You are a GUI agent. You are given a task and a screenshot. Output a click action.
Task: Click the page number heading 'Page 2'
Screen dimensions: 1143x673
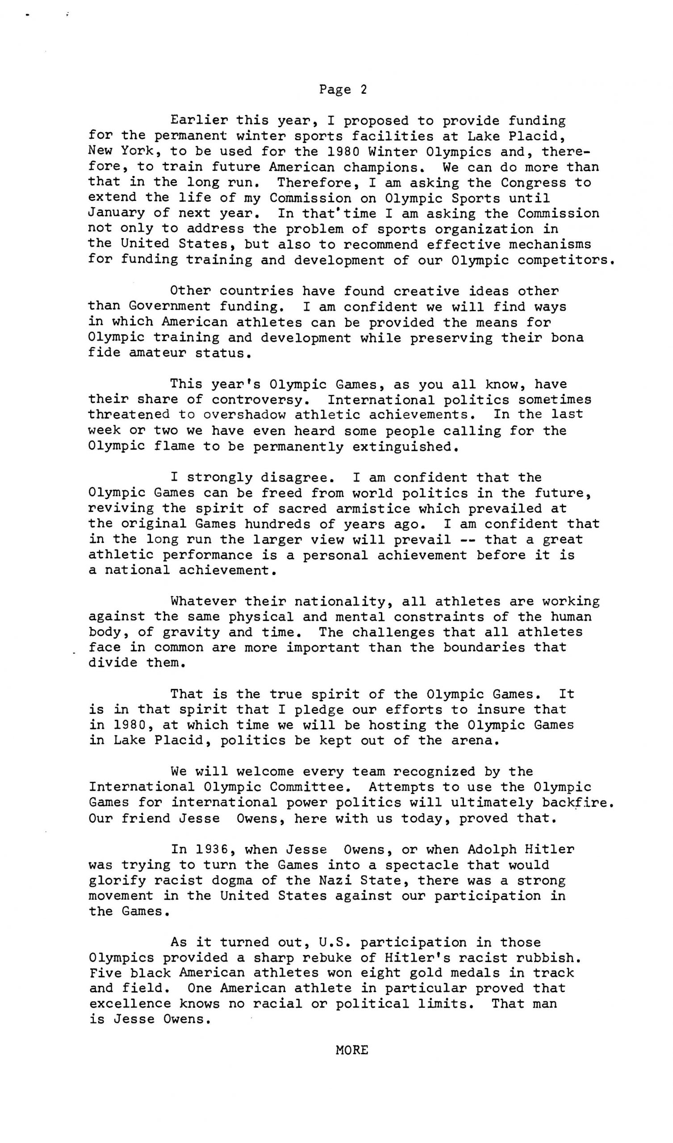coord(343,89)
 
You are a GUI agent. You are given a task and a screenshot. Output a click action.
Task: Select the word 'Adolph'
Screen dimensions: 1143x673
coord(492,850)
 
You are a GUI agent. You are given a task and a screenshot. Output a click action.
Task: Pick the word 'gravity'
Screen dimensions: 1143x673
coord(191,632)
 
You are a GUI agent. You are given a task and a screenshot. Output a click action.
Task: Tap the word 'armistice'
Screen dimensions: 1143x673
coord(372,509)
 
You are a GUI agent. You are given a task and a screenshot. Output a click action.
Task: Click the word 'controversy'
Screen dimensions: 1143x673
coord(257,400)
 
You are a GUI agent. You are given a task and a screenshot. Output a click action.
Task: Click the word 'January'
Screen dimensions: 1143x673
coord(117,213)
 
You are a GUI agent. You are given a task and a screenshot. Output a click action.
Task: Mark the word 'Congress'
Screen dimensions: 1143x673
coord(534,182)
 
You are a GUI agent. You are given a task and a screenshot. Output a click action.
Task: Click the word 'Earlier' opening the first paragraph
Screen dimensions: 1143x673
coord(199,121)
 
